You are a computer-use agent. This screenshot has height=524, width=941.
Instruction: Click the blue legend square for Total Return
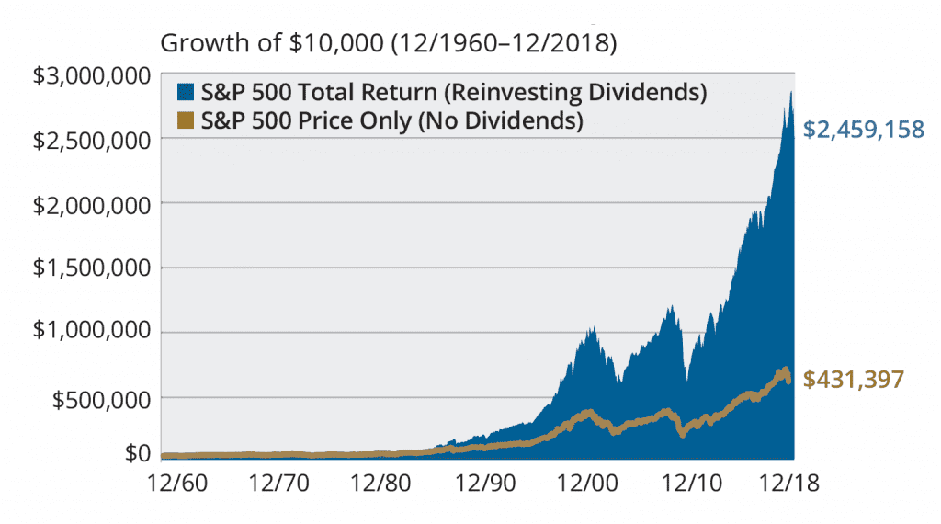(186, 93)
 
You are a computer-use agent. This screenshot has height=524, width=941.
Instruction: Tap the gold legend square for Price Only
(186, 120)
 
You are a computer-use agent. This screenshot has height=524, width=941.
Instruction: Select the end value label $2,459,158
(863, 130)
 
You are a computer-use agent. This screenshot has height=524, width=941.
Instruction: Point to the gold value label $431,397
(854, 379)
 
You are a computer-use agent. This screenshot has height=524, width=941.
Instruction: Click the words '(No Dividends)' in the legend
(510, 120)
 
